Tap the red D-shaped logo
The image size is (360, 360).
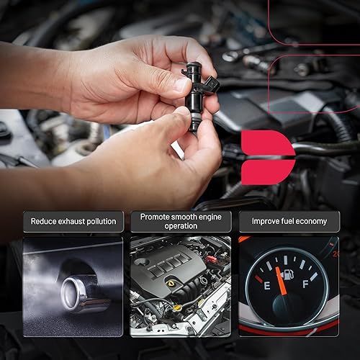click(267, 157)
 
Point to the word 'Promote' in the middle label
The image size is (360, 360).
click(156, 216)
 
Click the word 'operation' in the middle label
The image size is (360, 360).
click(180, 226)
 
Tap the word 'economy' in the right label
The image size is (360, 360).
click(310, 221)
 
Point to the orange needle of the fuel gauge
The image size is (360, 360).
click(281, 281)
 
